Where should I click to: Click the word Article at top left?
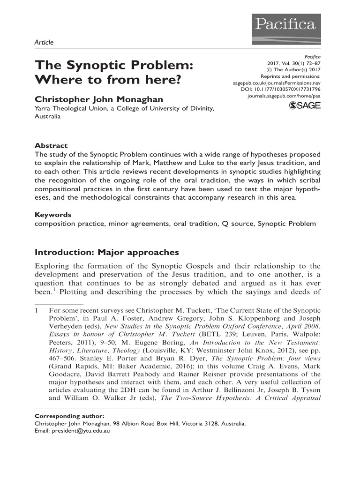pos(45,43)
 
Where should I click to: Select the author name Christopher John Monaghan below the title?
pos(97,99)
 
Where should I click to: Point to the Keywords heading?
pos(53,215)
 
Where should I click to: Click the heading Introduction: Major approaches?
pos(107,253)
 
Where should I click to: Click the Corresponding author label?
pos(70,416)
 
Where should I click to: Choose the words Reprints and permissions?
pos(291,76)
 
